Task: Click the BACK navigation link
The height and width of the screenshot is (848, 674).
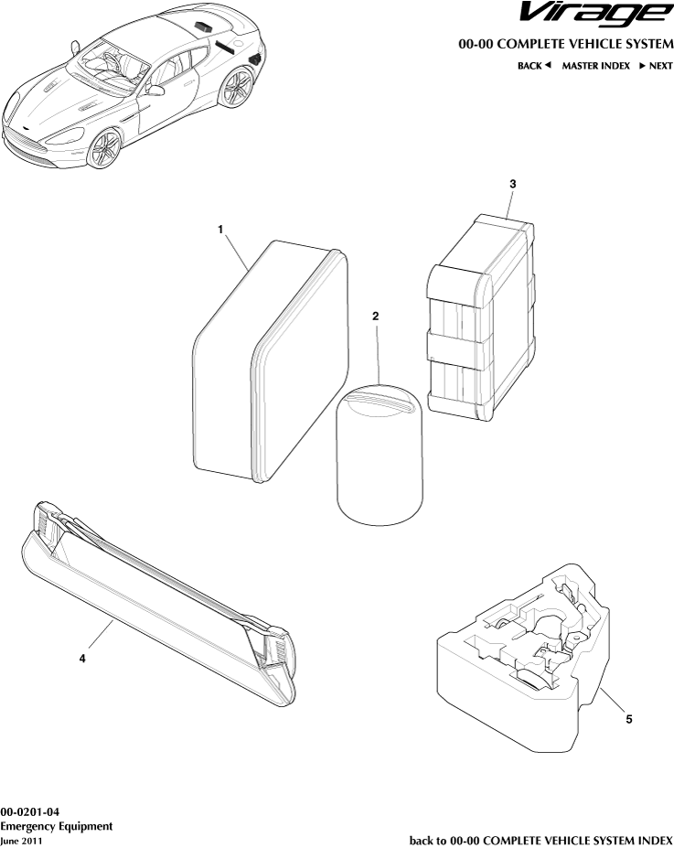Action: point(534,66)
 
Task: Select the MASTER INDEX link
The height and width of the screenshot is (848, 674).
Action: point(595,66)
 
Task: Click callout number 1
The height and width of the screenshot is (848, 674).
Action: point(221,230)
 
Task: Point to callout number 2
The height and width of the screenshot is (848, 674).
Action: point(375,316)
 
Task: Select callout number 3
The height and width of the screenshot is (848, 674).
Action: point(513,184)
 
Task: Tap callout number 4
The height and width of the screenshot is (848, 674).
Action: point(82,659)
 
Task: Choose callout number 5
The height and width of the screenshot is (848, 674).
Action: point(628,719)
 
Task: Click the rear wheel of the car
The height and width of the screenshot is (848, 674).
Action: point(238,87)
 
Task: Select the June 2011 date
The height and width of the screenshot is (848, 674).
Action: point(21,840)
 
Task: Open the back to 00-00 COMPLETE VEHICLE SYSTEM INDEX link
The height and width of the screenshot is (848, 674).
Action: point(540,839)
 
